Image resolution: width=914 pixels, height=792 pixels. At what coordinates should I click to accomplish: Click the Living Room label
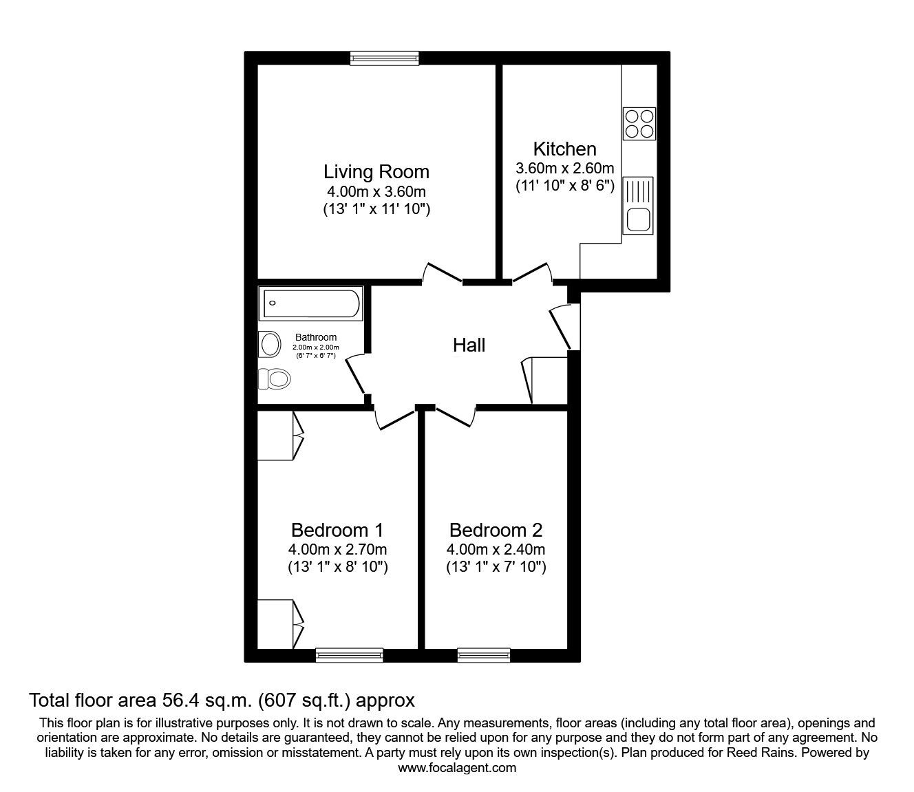pyautogui.click(x=376, y=171)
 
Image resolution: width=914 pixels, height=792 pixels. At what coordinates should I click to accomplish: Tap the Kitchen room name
pyautogui.click(x=564, y=149)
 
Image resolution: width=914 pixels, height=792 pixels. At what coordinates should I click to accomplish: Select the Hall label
pyautogui.click(x=469, y=345)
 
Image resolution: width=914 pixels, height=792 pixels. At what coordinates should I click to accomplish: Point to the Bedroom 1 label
pyautogui.click(x=337, y=530)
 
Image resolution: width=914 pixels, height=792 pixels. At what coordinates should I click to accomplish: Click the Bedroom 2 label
pyautogui.click(x=496, y=530)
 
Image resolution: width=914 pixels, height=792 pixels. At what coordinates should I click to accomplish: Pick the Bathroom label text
pyautogui.click(x=316, y=337)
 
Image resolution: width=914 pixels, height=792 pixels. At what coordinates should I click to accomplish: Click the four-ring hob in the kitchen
pyautogui.click(x=639, y=124)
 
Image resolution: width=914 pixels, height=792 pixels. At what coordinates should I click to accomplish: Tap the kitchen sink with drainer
pyautogui.click(x=637, y=206)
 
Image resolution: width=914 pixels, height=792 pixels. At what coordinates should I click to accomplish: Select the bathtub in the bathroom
pyautogui.click(x=311, y=303)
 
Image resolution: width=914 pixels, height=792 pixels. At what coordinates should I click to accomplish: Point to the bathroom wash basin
pyautogui.click(x=270, y=344)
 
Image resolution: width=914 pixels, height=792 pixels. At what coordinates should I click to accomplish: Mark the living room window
pyautogui.click(x=384, y=58)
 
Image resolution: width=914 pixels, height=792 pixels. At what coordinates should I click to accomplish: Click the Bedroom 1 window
pyautogui.click(x=350, y=655)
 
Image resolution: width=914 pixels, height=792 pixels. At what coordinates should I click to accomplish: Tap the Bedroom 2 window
pyautogui.click(x=484, y=655)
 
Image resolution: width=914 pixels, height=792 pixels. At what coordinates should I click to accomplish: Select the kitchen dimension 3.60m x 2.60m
pyautogui.click(x=564, y=168)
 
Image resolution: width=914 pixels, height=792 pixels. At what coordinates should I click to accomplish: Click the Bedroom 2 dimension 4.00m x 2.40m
pyautogui.click(x=496, y=549)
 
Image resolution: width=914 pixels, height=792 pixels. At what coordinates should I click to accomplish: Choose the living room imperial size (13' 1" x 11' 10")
pyautogui.click(x=376, y=208)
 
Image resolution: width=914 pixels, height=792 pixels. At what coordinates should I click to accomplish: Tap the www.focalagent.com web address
pyautogui.click(x=457, y=768)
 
